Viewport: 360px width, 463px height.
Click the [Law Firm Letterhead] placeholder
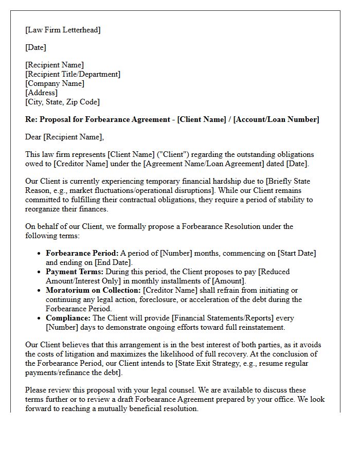point(63,30)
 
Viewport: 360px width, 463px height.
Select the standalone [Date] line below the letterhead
point(35,47)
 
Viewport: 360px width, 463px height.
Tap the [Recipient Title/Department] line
point(73,74)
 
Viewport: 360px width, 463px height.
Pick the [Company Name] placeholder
point(55,83)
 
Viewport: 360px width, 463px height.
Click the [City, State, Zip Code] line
point(62,102)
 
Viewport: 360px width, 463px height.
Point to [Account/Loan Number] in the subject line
point(276,119)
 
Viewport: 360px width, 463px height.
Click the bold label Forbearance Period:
point(82,253)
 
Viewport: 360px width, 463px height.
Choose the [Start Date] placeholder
point(297,253)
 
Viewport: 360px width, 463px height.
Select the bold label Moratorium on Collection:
point(93,290)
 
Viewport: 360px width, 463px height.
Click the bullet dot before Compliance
point(40,318)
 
